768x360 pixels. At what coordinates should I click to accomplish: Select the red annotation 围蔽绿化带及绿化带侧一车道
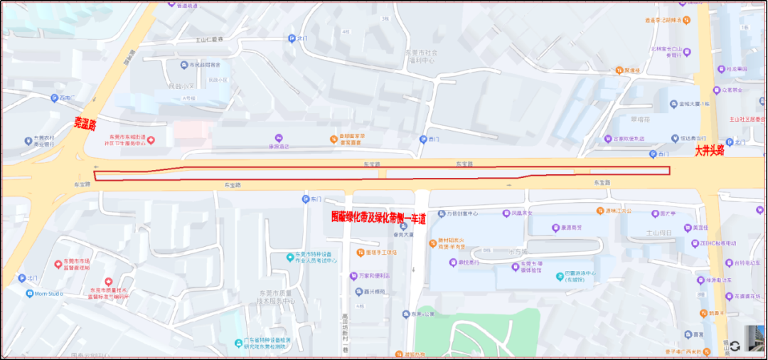point(378,218)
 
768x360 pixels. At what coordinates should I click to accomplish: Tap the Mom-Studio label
point(49,292)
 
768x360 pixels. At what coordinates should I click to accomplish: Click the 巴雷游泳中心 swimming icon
point(560,275)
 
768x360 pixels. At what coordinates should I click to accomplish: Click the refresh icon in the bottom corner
point(735,346)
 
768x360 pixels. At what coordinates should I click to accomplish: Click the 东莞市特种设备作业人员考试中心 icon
point(290,257)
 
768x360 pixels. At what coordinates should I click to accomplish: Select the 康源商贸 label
point(568,228)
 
